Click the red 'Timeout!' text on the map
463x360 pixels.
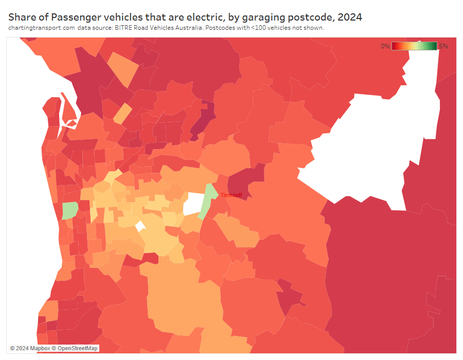click(x=231, y=195)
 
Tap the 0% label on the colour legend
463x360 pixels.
click(x=385, y=46)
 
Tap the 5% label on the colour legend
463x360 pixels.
click(x=443, y=46)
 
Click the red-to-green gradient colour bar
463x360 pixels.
click(x=414, y=46)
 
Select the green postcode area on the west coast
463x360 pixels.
click(x=69, y=210)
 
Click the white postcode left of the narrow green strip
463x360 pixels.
click(x=193, y=204)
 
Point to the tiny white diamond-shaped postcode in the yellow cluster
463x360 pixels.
click(x=140, y=226)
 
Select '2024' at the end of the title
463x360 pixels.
click(x=350, y=17)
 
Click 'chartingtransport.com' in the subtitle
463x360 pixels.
click(x=42, y=28)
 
